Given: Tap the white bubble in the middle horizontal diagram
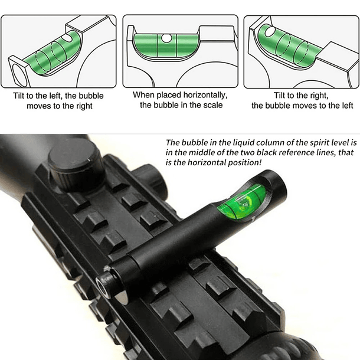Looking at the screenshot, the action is [x=166, y=38].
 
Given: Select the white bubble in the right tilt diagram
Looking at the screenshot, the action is [x=271, y=31].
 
